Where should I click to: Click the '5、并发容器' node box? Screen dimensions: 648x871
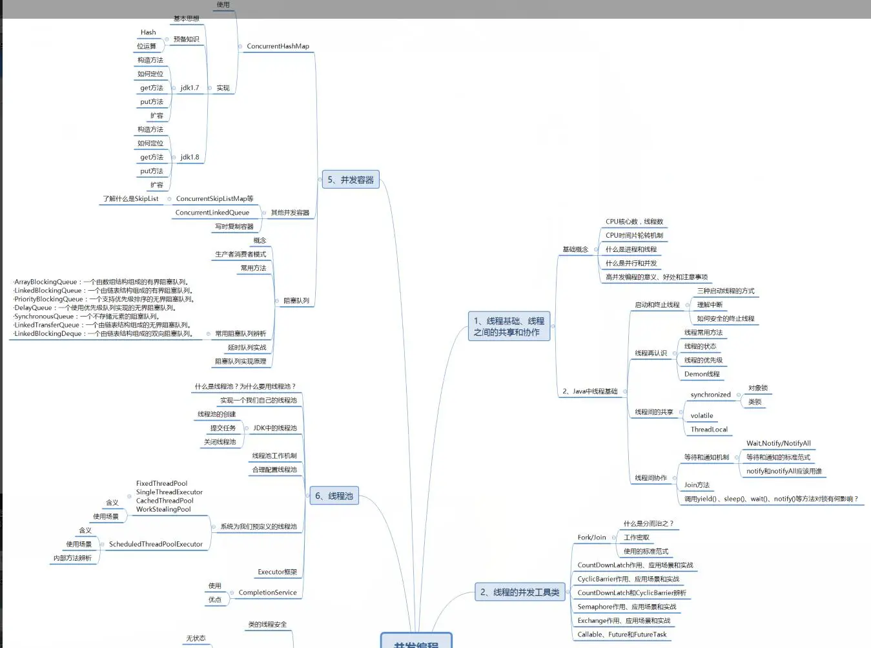351,180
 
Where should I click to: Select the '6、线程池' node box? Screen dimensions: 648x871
334,496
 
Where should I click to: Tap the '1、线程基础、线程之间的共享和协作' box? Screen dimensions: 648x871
509,326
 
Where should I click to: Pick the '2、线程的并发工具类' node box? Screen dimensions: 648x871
520,592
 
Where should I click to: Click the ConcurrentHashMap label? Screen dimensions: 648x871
278,46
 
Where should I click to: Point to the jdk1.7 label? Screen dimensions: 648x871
190,88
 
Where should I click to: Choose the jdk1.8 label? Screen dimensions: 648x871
190,157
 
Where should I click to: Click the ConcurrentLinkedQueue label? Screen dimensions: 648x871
212,213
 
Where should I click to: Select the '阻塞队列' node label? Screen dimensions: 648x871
296,300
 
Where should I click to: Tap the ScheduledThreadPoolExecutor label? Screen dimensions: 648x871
156,544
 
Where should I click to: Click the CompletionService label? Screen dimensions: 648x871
267,592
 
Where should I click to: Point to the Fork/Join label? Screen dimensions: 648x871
591,538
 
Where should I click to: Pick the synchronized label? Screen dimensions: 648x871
710,395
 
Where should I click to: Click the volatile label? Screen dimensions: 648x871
702,415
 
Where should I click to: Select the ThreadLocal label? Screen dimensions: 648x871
709,430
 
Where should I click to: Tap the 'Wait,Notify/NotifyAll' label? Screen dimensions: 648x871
779,443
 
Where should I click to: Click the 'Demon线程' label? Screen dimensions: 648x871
702,374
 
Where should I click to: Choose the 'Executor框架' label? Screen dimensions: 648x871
277,572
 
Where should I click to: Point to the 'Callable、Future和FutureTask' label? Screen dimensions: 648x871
622,634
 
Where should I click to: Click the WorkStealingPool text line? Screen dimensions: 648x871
163,509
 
